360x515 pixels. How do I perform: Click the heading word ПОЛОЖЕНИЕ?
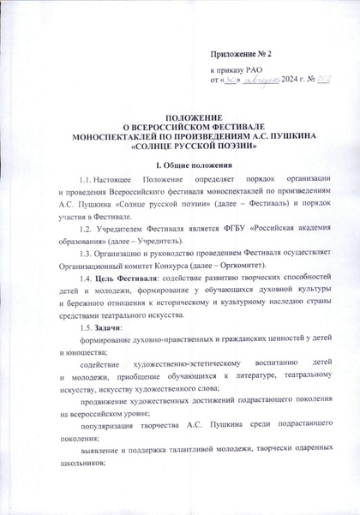coord(179,116)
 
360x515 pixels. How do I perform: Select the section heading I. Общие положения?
coord(180,163)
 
